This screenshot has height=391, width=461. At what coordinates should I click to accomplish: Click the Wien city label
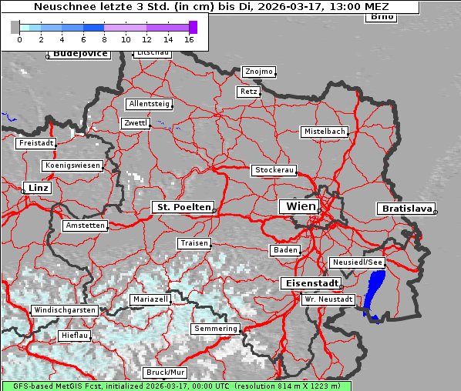tap(301, 206)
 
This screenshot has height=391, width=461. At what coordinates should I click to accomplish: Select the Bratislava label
tap(405, 209)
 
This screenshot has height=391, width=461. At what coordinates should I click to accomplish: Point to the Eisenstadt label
tap(309, 283)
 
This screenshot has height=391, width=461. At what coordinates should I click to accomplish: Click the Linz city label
tap(37, 188)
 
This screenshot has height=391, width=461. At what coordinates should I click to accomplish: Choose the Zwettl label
tap(136, 123)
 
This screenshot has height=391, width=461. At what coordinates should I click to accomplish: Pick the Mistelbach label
tap(324, 132)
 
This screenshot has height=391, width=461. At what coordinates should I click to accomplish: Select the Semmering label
tap(216, 329)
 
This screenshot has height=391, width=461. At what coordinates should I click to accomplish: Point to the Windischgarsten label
tap(64, 310)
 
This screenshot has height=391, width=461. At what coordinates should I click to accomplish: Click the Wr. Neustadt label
tap(328, 299)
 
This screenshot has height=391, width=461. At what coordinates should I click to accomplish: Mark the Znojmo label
tap(258, 72)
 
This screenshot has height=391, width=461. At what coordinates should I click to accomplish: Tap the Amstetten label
tap(85, 226)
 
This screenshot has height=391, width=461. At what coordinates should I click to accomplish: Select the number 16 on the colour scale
tap(189, 38)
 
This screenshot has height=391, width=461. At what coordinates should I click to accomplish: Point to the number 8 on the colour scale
tap(104, 38)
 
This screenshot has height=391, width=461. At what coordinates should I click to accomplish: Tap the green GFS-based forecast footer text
tap(176, 386)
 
